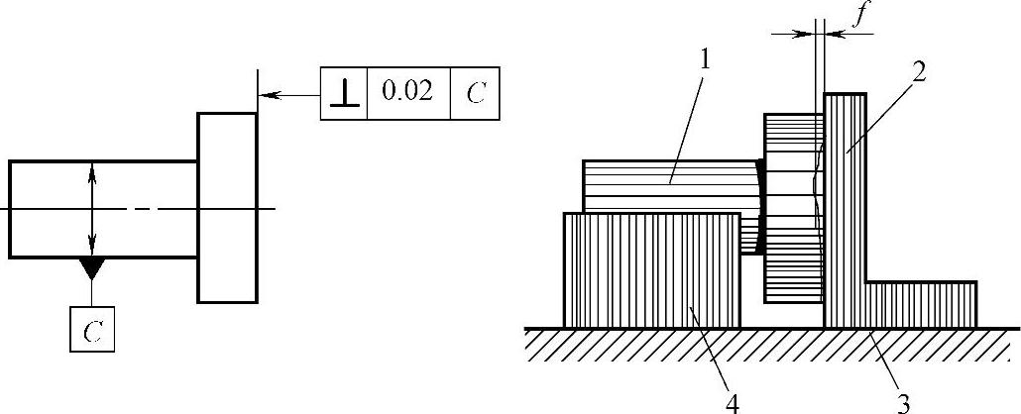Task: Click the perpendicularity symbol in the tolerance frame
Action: pos(343,94)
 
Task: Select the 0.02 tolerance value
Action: pos(407,93)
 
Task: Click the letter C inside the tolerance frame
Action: pos(475,95)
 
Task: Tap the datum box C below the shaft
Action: pos(92,329)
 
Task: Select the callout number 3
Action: pos(903,401)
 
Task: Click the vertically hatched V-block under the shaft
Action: pos(651,269)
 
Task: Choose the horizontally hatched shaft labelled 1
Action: pos(666,185)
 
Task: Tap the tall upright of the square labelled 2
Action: pos(846,198)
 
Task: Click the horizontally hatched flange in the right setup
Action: pos(792,208)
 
